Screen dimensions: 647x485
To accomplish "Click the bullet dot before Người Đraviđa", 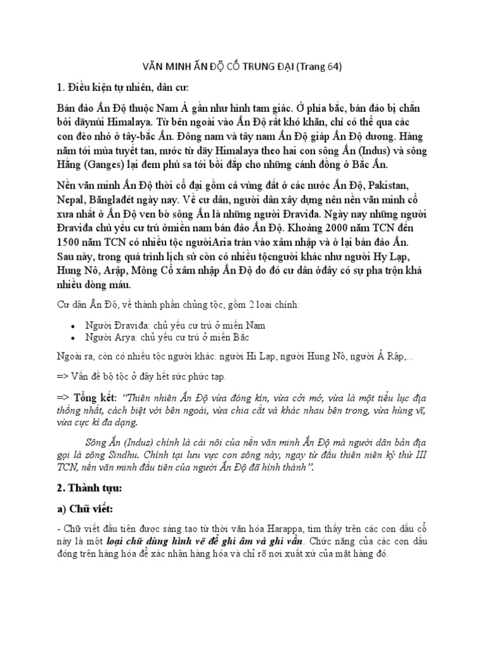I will [x=74, y=326].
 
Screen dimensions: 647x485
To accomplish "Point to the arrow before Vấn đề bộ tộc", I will [x=64, y=377].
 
